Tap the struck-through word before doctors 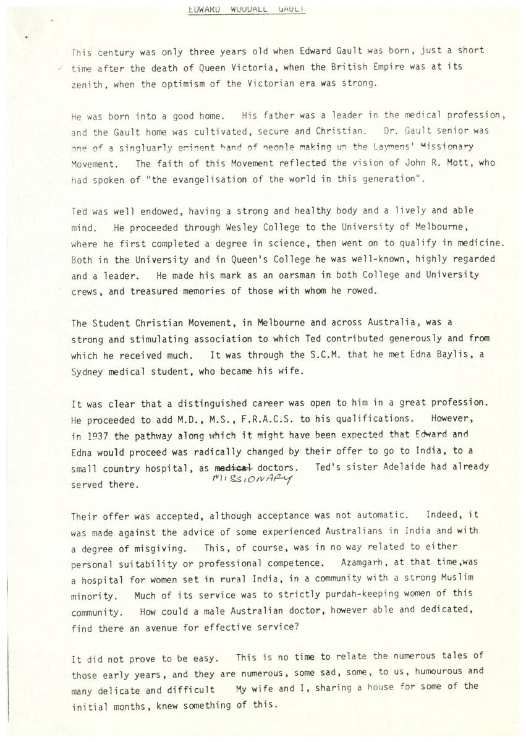pyautogui.click(x=231, y=467)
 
